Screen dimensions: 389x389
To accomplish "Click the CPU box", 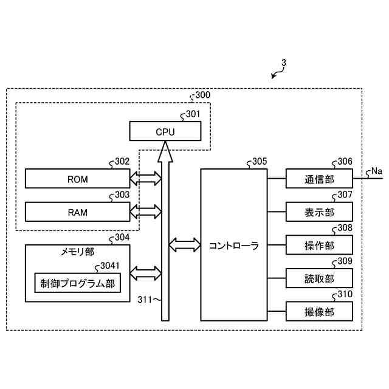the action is [165, 131].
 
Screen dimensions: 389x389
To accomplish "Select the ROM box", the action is [77, 178].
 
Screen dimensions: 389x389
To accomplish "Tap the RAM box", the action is [77, 212].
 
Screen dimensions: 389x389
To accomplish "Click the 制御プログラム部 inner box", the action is [77, 283].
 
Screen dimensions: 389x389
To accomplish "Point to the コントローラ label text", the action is [233, 246].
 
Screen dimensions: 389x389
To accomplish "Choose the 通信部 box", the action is [319, 178].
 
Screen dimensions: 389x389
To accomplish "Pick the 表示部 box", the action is [319, 212].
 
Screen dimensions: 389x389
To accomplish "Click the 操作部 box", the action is [319, 245].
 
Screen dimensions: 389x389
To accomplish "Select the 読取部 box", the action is [319, 278].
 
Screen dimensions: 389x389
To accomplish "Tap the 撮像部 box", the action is [319, 311].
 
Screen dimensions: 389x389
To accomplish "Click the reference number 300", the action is [202, 95].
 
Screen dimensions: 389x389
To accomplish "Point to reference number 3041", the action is [110, 266].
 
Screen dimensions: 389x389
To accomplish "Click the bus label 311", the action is [145, 300].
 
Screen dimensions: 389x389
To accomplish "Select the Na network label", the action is [377, 171].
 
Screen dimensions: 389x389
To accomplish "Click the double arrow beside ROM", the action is [146, 178].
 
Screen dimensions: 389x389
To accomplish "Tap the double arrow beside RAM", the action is [146, 212].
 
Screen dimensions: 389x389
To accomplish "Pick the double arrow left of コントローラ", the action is [185, 245].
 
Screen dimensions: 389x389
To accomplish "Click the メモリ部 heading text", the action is [77, 252].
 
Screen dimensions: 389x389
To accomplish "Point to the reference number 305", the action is [260, 161].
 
